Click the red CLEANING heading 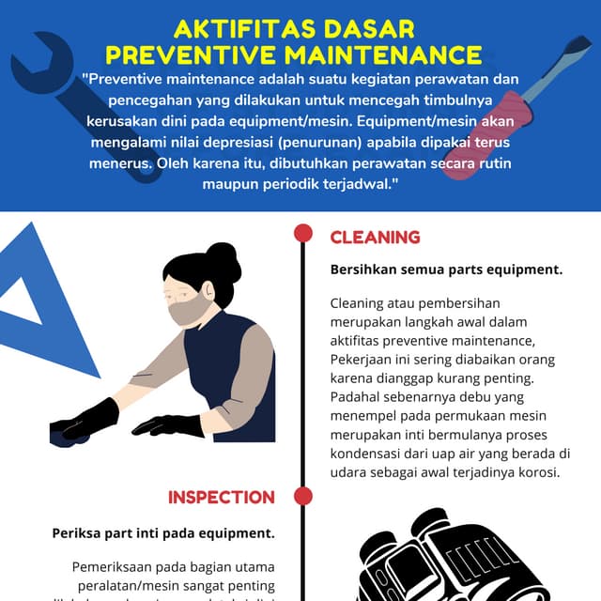375,238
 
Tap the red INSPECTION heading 221,497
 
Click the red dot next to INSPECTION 302,496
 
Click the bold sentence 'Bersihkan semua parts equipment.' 446,270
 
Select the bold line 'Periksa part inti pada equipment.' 163,532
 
